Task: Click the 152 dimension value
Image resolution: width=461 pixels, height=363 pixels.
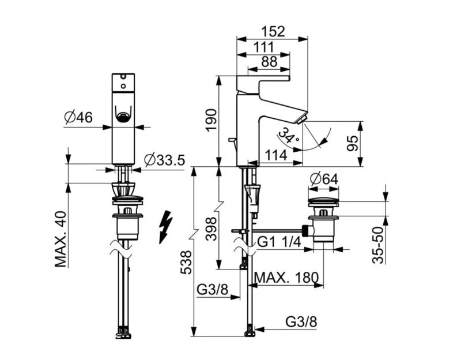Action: (x=273, y=31)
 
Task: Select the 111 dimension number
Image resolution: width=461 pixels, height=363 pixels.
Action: (x=263, y=47)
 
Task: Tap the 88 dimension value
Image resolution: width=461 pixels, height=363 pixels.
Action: (x=269, y=62)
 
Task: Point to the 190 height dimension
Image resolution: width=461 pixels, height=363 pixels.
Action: (x=211, y=120)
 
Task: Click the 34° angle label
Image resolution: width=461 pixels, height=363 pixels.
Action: (x=289, y=136)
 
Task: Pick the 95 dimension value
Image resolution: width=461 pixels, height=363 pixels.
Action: (x=353, y=143)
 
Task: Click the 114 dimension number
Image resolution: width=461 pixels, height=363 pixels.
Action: (x=276, y=155)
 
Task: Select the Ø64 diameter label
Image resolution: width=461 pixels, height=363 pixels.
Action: (x=324, y=179)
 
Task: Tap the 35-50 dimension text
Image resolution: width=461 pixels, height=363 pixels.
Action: (x=378, y=245)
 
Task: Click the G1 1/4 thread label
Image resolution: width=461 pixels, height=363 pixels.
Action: (x=279, y=242)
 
